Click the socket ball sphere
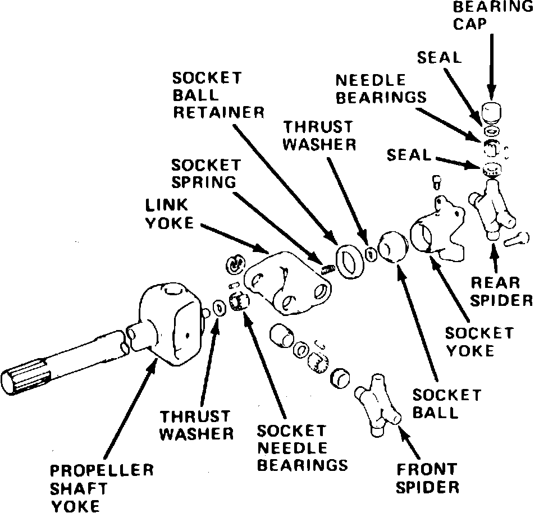(392, 248)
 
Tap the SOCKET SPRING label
(206, 174)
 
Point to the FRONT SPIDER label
(427, 477)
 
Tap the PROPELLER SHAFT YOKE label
(101, 488)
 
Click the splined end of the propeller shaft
(22, 382)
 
